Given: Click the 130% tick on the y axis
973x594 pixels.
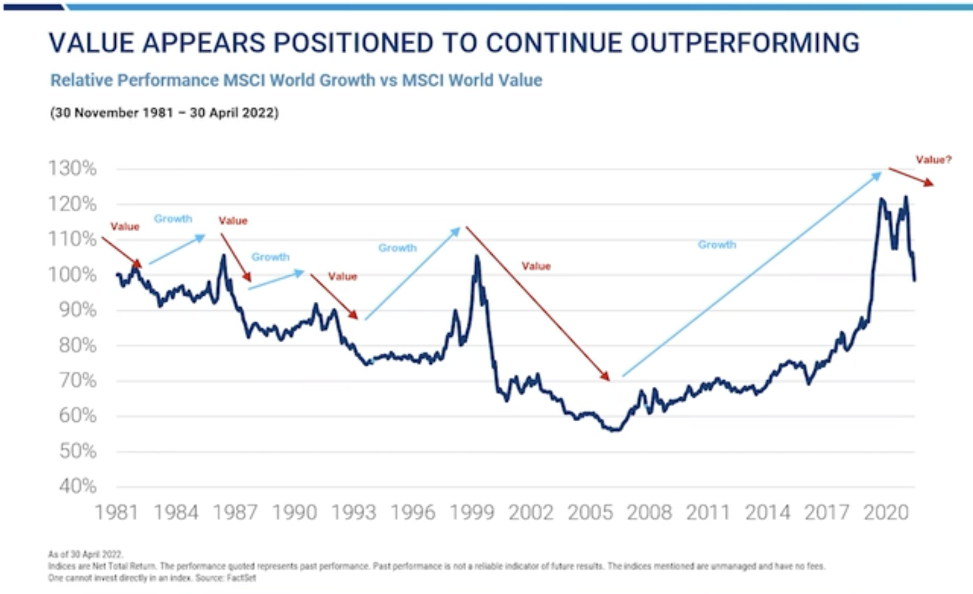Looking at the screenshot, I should point(72,169).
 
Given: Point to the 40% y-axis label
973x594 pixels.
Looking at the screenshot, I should point(78,486).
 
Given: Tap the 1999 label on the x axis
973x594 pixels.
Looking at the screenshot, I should point(472,513).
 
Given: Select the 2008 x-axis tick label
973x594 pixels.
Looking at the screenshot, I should point(649,513).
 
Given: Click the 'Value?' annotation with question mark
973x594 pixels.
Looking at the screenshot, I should point(933,160).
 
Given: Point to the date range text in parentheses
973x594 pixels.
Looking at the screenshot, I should point(164,113).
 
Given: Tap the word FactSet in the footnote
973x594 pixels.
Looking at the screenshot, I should point(241,578).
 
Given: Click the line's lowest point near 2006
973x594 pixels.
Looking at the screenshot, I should point(614,430).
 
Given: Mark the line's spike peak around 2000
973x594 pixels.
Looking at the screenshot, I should point(477,257).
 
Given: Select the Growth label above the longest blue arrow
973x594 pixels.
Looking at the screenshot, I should point(717,245).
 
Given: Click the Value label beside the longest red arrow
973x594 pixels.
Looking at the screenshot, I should point(536,266).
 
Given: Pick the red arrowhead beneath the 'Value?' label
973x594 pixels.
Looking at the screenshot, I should point(928,183).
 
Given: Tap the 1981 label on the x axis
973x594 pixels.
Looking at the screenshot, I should point(117,513).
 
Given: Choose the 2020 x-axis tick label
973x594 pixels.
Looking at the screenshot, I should point(886,513).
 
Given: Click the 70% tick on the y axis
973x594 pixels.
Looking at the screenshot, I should point(78,380).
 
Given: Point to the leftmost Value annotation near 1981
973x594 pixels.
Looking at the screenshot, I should point(125,227).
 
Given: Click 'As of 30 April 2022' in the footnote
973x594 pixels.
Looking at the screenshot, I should point(85,554).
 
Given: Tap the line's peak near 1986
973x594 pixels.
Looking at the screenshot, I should point(223,256).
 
